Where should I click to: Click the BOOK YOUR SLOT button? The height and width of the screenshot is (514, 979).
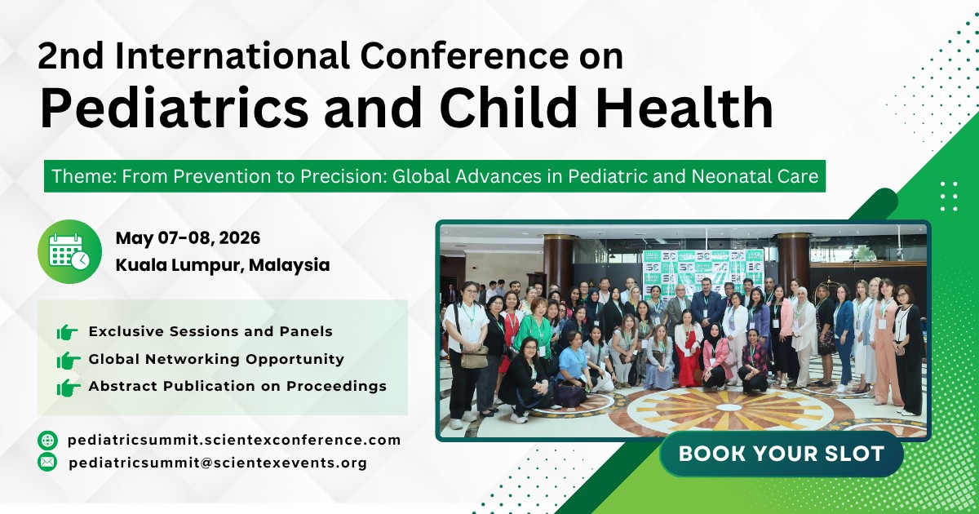pos(781,454)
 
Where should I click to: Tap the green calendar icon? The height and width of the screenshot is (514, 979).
pos(69,251)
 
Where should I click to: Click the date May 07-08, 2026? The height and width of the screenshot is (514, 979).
pos(188,238)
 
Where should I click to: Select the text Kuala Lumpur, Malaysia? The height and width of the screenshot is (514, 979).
pos(223,265)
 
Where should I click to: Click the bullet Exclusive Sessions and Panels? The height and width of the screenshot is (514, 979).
pos(210,332)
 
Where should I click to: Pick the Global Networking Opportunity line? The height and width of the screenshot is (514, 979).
pos(216,359)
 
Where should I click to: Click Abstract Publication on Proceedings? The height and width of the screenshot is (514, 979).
pos(237,386)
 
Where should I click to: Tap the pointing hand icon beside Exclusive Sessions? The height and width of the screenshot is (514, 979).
pos(67,332)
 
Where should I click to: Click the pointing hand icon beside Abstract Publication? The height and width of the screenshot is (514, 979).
pos(67,386)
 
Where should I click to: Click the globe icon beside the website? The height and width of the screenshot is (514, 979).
pos(48,441)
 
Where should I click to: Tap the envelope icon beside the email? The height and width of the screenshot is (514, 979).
pos(48,463)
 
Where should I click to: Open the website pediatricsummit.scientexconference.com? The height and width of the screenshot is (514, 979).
pos(234,441)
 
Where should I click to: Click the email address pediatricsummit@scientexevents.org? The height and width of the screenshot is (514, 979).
pos(218,463)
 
